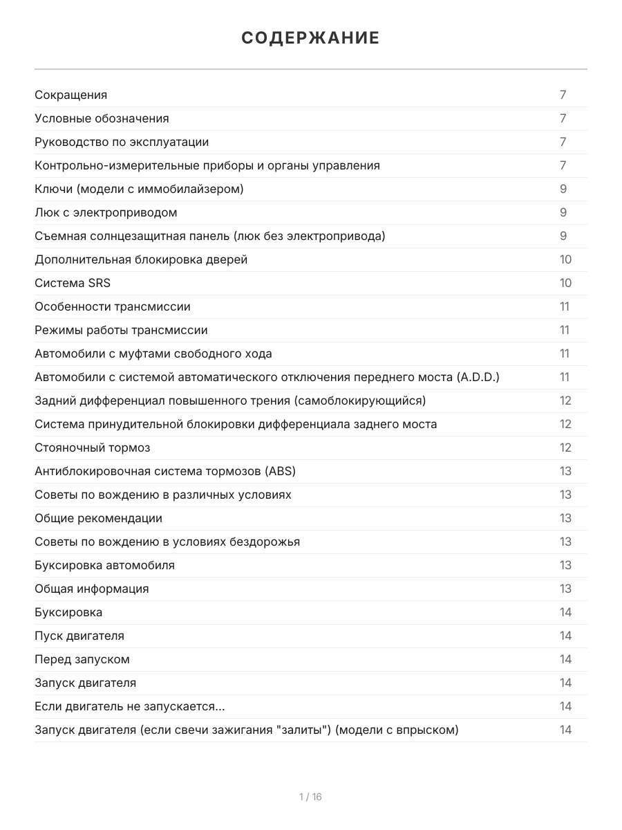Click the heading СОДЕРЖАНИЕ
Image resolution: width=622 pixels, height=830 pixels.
[x=310, y=38]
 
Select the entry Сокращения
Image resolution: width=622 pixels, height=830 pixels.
[x=71, y=95]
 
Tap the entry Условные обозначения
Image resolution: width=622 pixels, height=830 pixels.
[x=102, y=118]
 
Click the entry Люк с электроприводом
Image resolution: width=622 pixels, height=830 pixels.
[x=106, y=212]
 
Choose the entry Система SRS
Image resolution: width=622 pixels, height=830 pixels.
[x=73, y=283]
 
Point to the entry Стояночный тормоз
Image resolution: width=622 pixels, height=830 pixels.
[x=93, y=448]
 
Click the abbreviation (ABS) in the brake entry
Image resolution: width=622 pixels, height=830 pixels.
[x=280, y=471]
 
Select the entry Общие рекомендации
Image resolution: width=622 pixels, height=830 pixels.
[x=99, y=518]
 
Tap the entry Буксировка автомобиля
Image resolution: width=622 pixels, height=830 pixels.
[x=104, y=565]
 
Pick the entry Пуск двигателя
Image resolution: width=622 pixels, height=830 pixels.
[x=79, y=636]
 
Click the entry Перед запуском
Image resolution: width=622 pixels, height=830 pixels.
[x=82, y=659]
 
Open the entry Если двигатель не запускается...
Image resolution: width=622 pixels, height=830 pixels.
[x=129, y=706]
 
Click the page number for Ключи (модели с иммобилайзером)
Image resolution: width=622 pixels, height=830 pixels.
[x=563, y=189]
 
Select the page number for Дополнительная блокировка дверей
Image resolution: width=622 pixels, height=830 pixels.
[x=565, y=259]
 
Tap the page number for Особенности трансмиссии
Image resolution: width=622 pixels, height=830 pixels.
[x=565, y=306]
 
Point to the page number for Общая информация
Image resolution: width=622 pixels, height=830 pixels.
[x=565, y=589]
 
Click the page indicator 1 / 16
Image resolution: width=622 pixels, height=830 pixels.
[x=310, y=797]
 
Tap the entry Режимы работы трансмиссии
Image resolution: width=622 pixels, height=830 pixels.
[x=121, y=330]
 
